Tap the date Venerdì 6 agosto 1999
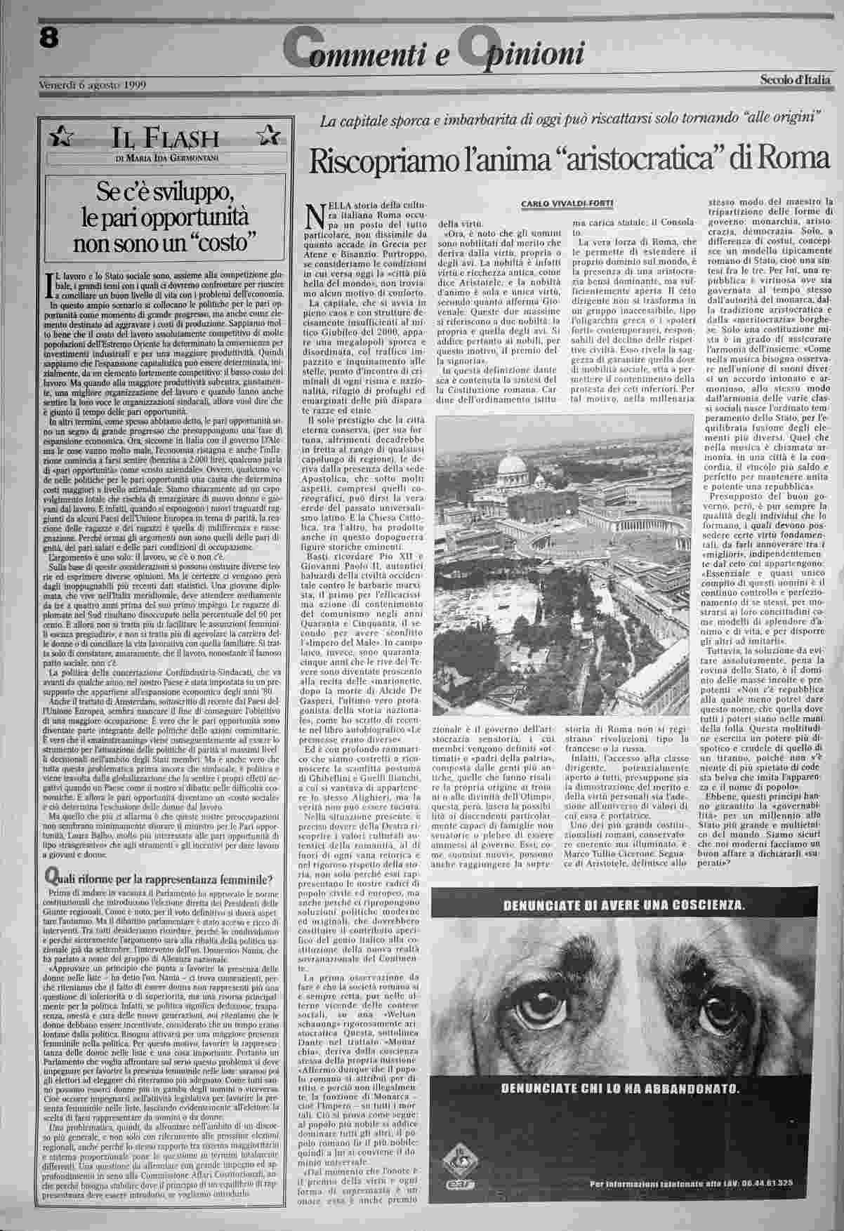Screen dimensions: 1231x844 tap(91, 85)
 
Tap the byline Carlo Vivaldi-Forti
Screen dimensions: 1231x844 tap(567, 204)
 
